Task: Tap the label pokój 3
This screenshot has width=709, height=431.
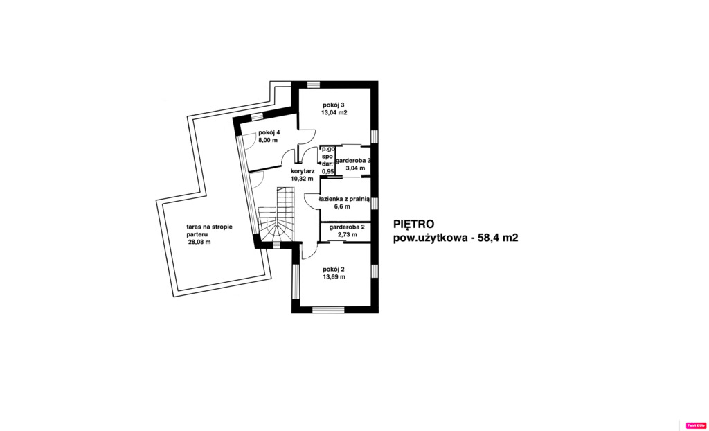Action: pos(334,105)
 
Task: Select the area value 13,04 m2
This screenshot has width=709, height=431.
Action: pos(334,112)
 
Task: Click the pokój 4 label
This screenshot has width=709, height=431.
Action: pos(269,132)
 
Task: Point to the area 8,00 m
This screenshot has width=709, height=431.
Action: pos(268,140)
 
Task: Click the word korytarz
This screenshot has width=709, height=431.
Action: pos(303,170)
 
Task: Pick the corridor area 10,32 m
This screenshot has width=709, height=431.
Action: pos(302,179)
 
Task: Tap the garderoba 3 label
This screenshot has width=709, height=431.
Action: pos(354,160)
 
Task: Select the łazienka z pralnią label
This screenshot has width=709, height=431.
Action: pos(344,198)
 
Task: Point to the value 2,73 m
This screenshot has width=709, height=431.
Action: pos(347,234)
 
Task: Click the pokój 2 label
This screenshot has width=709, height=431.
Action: pos(333,269)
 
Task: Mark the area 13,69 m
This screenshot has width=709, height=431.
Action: pos(334,276)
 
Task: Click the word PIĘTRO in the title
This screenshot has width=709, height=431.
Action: pos(413,224)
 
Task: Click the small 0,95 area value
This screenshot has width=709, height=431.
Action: pos(328,171)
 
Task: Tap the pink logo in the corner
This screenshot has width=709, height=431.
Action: pos(695,425)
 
